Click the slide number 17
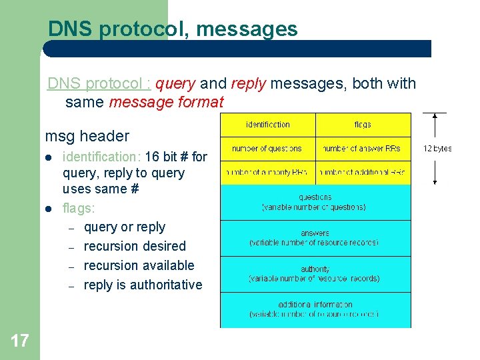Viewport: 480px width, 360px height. coord(20,341)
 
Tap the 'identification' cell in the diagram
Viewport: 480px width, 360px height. coord(268,125)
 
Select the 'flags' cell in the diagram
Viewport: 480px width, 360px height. coord(363,125)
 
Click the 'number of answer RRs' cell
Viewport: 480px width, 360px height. coord(363,149)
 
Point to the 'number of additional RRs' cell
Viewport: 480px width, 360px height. coord(363,173)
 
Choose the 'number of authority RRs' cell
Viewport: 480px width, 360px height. coord(267,173)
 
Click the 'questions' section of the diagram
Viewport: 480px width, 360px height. coord(315,202)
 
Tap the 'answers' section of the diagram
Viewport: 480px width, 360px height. coord(315,238)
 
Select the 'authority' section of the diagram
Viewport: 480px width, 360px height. coord(315,274)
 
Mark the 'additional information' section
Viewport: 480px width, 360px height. coord(315,309)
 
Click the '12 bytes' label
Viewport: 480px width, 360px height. coord(437,149)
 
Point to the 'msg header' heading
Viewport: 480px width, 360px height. coord(87,136)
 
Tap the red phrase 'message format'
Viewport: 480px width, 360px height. coord(166,103)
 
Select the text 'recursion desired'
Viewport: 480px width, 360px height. coord(135,246)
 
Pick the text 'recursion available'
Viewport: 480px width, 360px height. coord(139,265)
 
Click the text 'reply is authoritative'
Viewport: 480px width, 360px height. coord(143,285)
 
